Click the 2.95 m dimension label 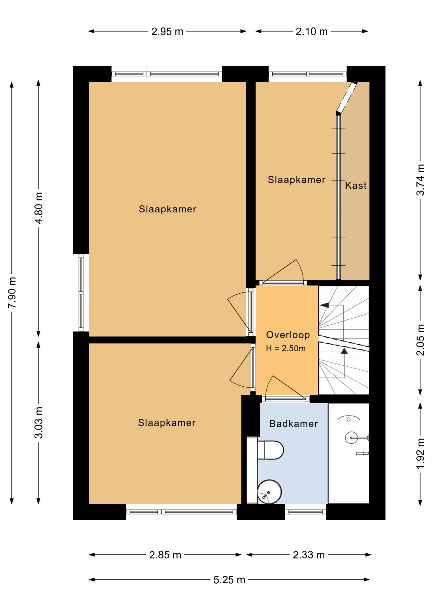coord(167,32)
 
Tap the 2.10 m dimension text coord(311,32)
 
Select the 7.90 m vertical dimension coord(12,292)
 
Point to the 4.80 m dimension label coord(38,208)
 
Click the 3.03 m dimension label coord(38,422)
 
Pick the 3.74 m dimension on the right coord(421,180)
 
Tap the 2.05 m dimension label coord(421,340)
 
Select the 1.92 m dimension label coord(421,453)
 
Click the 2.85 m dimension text coord(165,555)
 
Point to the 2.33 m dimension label coord(309,555)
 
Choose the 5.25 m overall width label coord(229,580)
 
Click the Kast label coord(356,186)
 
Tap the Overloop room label coord(288,335)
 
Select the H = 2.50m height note coord(286,348)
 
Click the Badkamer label coord(294,424)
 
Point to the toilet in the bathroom coord(270,450)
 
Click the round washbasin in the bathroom coord(269,492)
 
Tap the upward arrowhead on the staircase coord(344,351)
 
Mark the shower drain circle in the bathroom coord(349,420)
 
